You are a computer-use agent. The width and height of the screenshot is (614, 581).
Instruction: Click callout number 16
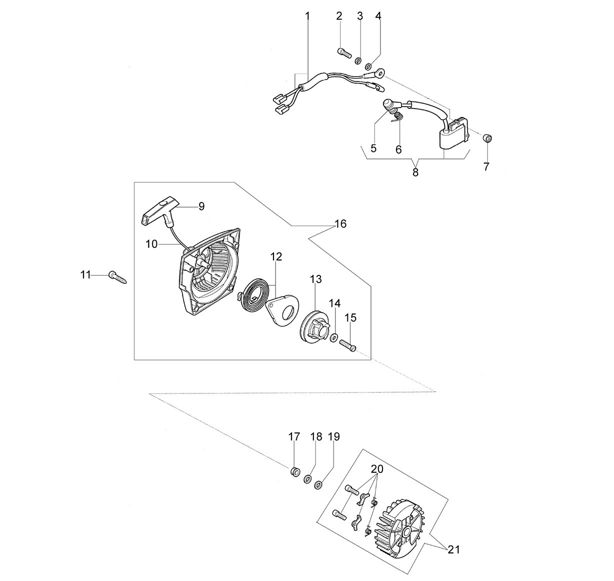[x=340, y=223]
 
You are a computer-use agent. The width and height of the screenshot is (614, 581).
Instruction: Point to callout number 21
[x=453, y=549]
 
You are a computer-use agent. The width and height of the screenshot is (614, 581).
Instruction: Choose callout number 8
[x=415, y=172]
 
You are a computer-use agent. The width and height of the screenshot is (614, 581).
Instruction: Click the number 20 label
[x=377, y=469]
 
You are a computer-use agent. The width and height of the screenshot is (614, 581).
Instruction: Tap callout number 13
[x=315, y=279]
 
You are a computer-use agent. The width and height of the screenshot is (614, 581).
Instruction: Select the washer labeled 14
[x=334, y=337]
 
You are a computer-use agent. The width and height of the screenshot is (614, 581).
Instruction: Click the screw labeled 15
[x=347, y=345]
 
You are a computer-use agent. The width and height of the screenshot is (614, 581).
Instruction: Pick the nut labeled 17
[x=294, y=471]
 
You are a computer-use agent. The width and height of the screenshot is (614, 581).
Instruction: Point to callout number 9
[x=202, y=206]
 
